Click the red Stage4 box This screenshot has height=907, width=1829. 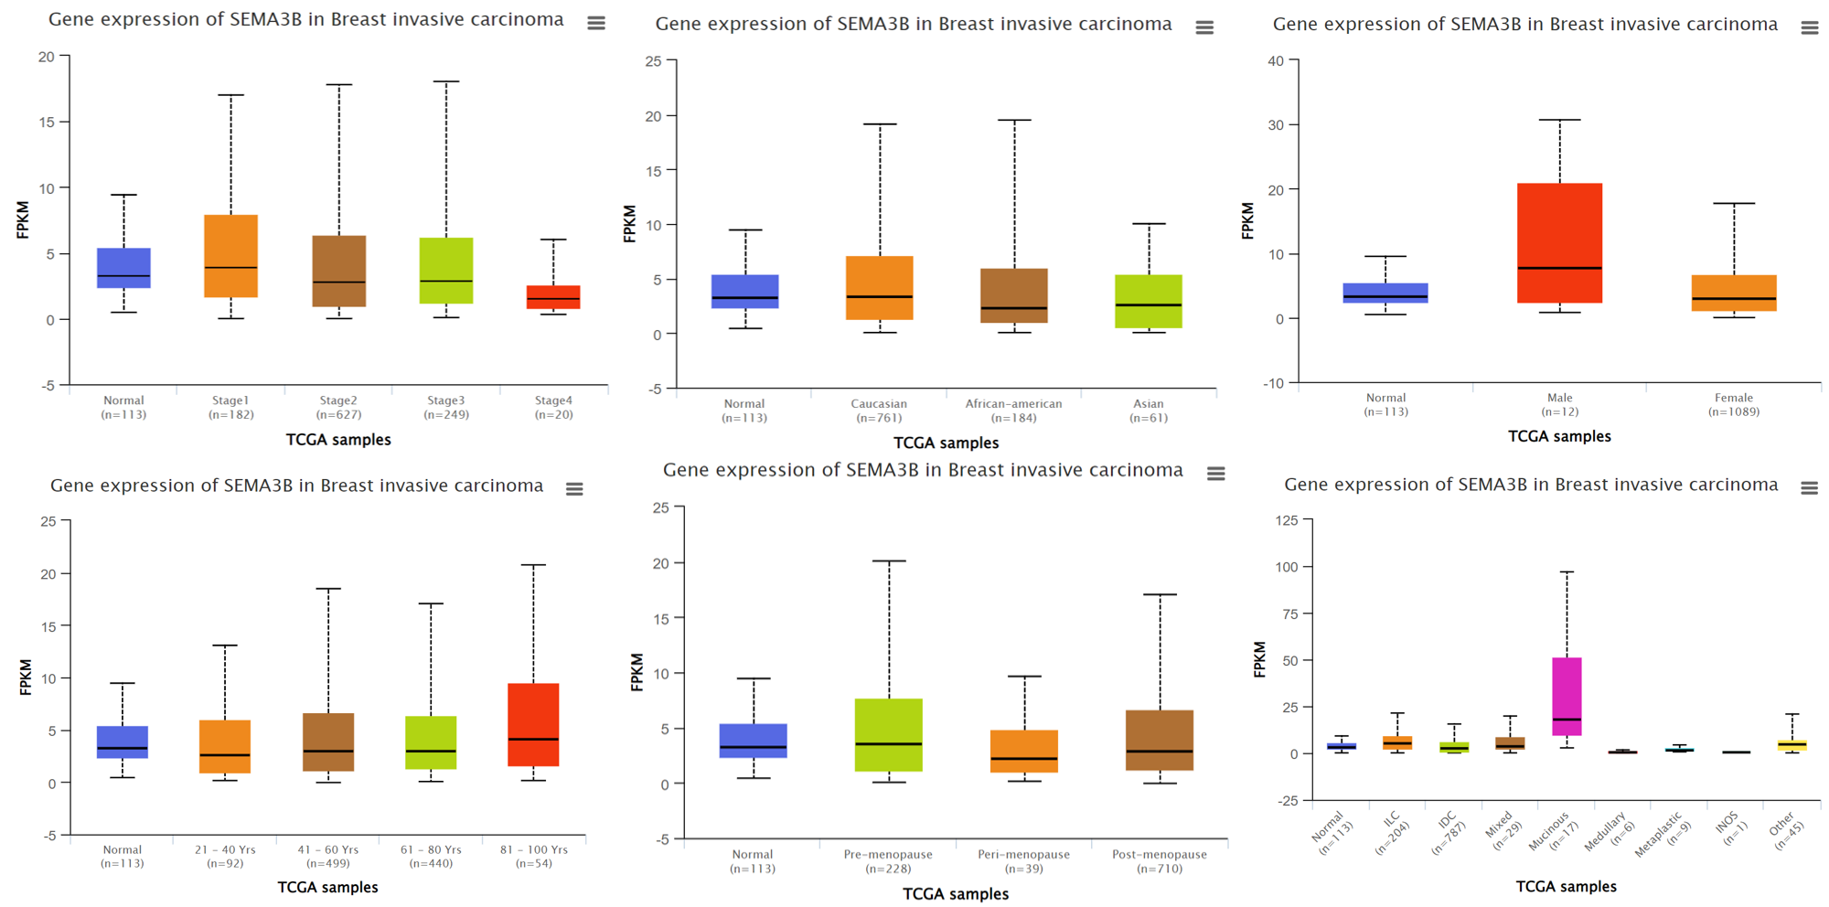click(x=553, y=296)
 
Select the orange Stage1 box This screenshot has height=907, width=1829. click(x=230, y=256)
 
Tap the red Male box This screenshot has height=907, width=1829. click(x=1559, y=242)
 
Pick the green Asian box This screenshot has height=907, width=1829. click(x=1149, y=301)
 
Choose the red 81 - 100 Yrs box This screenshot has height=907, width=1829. click(x=533, y=724)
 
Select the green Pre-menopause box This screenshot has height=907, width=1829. click(x=888, y=734)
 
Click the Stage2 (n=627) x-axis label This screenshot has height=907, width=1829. click(x=338, y=408)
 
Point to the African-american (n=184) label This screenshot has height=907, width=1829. click(x=1013, y=411)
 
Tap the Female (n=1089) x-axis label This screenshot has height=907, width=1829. click(x=1733, y=404)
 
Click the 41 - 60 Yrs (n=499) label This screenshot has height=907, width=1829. click(x=327, y=857)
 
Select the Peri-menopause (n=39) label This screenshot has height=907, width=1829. click(x=1023, y=861)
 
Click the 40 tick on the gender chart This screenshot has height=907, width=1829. click(x=1276, y=61)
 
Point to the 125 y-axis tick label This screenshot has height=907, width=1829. click(x=1286, y=520)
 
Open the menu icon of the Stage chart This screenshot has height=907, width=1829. click(x=596, y=23)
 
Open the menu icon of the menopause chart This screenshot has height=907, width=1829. click(x=1215, y=474)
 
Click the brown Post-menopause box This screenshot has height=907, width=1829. click(x=1160, y=740)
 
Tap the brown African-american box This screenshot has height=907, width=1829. click(x=1014, y=295)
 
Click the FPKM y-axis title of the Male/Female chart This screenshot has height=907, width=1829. click(x=1247, y=221)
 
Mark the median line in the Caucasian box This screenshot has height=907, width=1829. click(x=880, y=296)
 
